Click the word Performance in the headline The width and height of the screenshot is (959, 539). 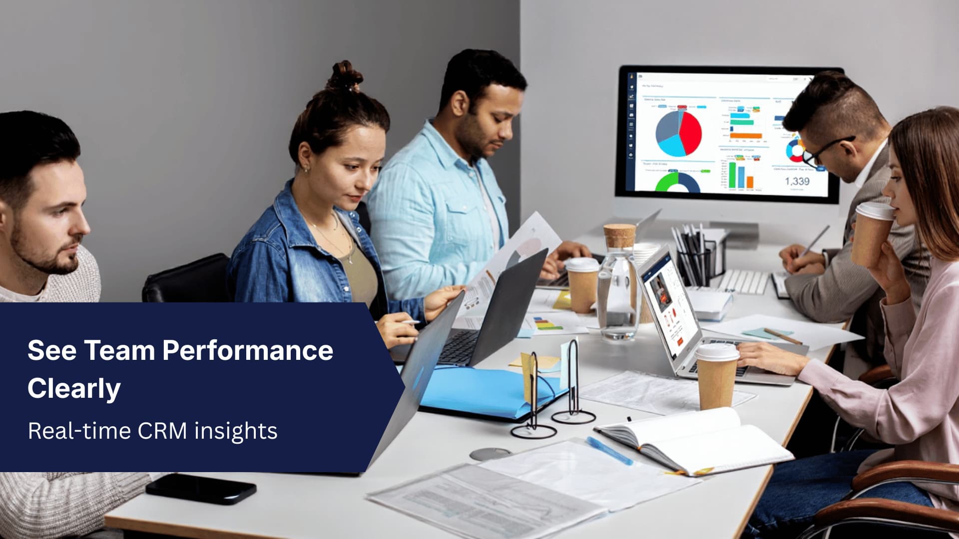tap(248, 351)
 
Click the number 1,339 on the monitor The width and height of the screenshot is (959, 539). tap(797, 181)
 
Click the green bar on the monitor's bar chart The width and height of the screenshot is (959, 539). tap(732, 175)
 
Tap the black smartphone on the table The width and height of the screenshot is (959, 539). tap(201, 489)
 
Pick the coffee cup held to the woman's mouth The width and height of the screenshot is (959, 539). tap(872, 232)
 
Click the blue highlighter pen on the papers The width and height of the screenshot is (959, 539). tap(609, 451)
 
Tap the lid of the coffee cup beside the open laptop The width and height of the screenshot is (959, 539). tap(717, 352)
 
